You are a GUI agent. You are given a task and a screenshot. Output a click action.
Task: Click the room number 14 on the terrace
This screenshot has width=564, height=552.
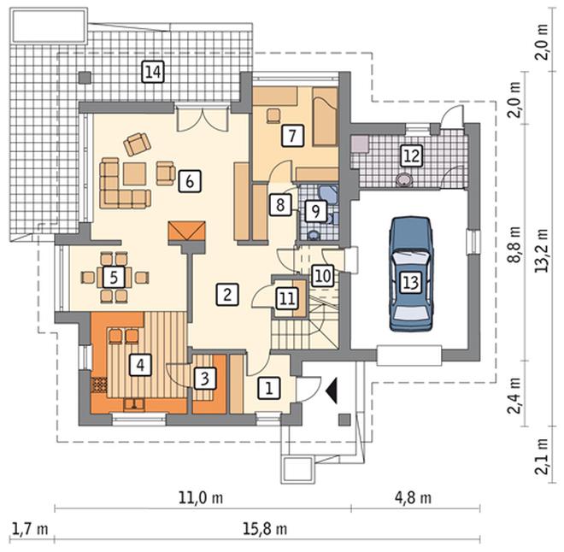153,72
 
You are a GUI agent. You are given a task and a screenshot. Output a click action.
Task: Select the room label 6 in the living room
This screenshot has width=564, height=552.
190,181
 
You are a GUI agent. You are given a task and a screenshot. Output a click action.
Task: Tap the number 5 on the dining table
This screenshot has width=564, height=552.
114,277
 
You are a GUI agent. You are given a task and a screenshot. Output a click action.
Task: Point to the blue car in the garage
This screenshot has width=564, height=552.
411,274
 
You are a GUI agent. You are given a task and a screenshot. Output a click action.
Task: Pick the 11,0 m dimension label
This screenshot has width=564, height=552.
201,498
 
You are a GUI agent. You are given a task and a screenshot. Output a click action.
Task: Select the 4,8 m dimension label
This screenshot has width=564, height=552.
413,498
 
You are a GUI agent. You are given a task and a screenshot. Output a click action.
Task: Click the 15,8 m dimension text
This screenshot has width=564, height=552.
265,529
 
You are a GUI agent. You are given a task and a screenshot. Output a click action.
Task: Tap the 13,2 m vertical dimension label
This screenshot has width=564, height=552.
542,250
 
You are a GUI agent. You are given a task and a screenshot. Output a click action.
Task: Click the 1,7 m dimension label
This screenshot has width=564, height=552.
30,529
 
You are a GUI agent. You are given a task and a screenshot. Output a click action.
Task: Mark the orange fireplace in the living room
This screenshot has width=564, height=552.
186,232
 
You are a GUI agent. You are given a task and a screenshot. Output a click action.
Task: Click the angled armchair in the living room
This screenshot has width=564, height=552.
137,144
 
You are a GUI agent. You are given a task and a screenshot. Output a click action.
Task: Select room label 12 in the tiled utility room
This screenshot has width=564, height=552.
412,156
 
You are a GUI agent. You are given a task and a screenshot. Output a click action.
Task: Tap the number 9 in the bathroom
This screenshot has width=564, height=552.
315,211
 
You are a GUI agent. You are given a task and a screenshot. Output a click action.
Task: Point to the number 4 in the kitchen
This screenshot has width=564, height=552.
140,365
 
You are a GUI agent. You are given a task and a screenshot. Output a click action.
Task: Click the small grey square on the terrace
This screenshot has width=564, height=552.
85,77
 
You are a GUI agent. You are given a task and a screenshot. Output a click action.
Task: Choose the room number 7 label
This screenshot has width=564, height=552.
292,136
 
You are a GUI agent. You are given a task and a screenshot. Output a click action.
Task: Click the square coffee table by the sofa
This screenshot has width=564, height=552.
134,174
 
